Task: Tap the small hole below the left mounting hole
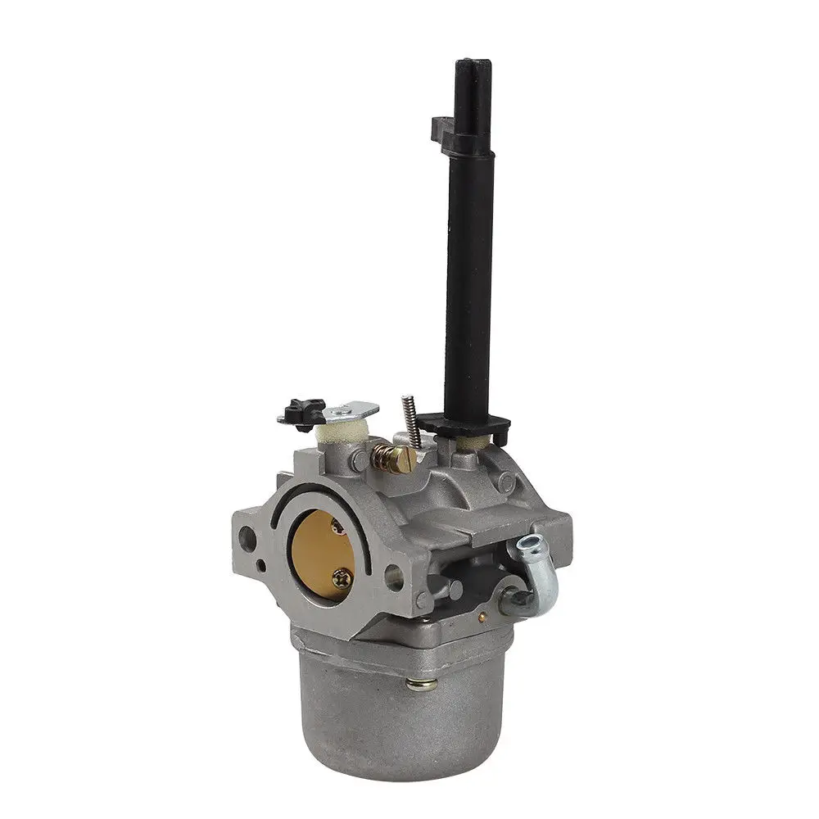coord(260,565)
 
